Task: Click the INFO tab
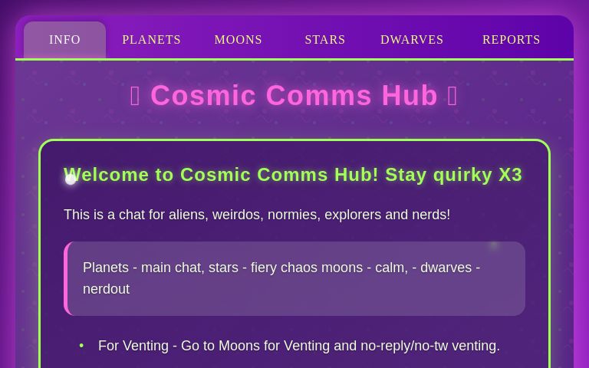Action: click(64, 40)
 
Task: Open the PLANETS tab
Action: click(151, 40)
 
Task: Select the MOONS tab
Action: click(238, 40)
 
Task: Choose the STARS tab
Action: click(324, 40)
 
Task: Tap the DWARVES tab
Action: click(412, 40)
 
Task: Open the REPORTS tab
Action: click(511, 40)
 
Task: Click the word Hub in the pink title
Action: click(410, 96)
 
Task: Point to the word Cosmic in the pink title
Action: click(203, 96)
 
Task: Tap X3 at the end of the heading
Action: click(511, 175)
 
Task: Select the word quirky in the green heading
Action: click(463, 175)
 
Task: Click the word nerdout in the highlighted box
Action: click(106, 289)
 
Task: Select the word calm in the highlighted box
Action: click(390, 268)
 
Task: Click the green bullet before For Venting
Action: click(81, 346)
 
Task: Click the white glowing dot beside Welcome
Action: click(71, 179)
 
